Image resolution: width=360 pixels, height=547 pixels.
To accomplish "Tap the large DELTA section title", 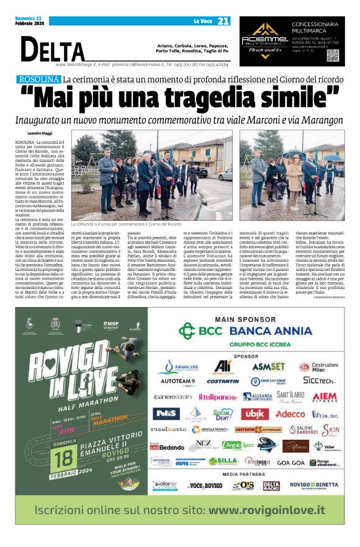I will tap(53, 50).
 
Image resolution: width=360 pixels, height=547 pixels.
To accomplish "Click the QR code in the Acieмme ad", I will tap(333, 55).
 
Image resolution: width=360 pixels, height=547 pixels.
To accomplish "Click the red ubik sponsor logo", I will tap(255, 414).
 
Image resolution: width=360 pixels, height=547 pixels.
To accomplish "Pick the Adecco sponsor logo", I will tap(290, 414).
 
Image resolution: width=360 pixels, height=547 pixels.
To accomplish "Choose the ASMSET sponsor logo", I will tap(268, 367).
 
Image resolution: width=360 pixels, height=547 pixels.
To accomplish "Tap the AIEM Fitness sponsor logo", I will tap(324, 396).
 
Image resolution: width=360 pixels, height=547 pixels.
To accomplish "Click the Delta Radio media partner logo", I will tap(271, 486).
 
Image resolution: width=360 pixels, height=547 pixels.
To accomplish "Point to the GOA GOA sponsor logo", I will tap(290, 462).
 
